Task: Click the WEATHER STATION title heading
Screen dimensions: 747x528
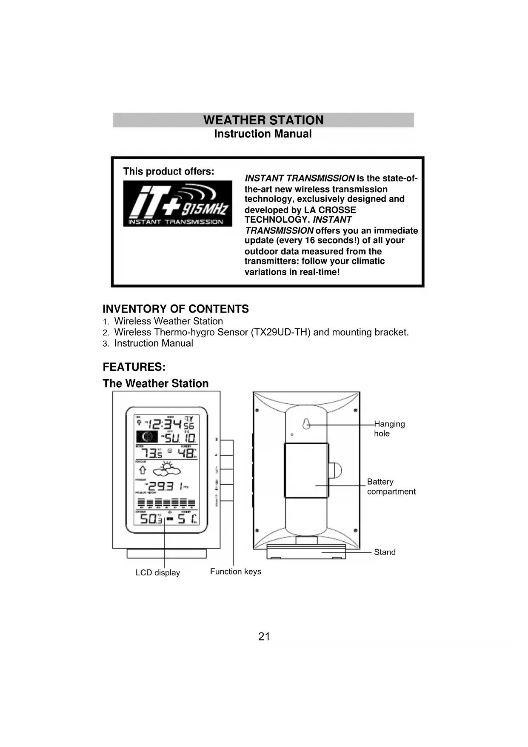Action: click(263, 120)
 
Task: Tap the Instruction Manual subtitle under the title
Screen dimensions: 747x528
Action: click(263, 134)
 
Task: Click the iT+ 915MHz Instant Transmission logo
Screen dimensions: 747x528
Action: click(177, 204)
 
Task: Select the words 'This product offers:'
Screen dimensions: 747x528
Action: click(168, 171)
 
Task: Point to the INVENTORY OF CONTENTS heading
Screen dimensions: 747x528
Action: click(176, 309)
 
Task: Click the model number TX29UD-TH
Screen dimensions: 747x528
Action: click(280, 332)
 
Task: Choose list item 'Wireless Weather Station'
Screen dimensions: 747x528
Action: click(168, 321)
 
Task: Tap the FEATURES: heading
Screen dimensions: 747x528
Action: click(134, 367)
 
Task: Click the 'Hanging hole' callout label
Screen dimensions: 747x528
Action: click(389, 428)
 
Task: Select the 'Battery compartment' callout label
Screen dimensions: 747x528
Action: click(391, 486)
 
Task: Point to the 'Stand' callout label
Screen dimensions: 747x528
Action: click(385, 552)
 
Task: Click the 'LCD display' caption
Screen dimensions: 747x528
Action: click(157, 573)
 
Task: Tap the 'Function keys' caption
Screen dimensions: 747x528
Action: click(235, 572)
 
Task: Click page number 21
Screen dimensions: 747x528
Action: click(264, 637)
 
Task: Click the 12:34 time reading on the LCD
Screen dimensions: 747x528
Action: click(166, 424)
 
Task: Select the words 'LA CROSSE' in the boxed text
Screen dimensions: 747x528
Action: click(330, 210)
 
